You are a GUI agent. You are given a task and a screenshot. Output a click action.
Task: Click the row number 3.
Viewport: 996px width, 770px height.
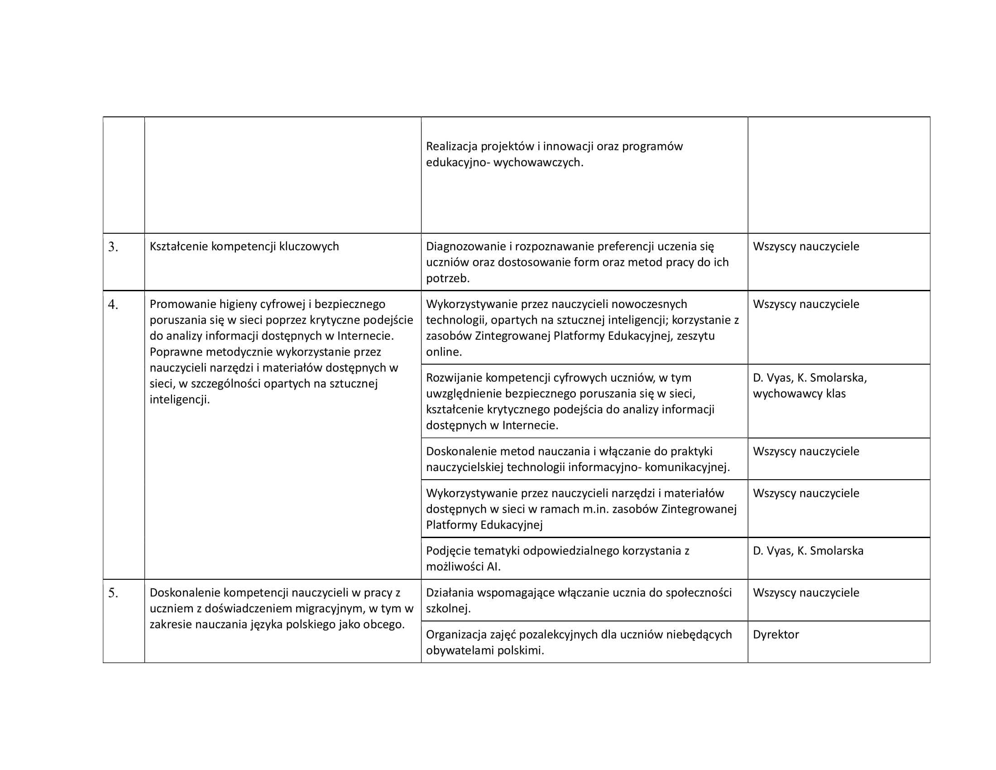point(113,247)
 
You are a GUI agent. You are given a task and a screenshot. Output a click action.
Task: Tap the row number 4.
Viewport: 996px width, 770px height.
point(113,304)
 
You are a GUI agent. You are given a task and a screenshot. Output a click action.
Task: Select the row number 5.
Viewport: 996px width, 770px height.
point(113,593)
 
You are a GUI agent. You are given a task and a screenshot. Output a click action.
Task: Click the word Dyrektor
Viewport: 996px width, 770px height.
point(776,635)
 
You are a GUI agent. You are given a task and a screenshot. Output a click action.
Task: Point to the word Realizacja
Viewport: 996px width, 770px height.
point(451,146)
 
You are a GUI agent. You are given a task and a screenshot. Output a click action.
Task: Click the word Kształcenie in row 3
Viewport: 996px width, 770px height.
point(178,246)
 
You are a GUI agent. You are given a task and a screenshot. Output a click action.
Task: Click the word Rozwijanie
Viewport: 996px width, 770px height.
point(454,378)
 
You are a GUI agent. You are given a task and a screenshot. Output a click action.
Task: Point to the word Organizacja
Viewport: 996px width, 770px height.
point(455,635)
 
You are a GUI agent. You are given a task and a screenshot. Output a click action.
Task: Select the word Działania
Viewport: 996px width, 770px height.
point(450,592)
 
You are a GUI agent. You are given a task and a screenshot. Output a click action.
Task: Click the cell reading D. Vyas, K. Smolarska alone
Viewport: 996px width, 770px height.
point(808,551)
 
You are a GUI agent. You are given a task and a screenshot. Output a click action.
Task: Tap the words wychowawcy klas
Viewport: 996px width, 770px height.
point(799,394)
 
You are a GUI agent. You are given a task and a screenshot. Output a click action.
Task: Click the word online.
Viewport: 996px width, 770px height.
point(444,351)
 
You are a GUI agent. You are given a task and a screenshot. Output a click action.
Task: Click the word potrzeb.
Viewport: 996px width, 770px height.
point(447,278)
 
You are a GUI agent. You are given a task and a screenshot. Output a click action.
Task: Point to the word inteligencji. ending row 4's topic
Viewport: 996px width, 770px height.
point(180,399)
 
